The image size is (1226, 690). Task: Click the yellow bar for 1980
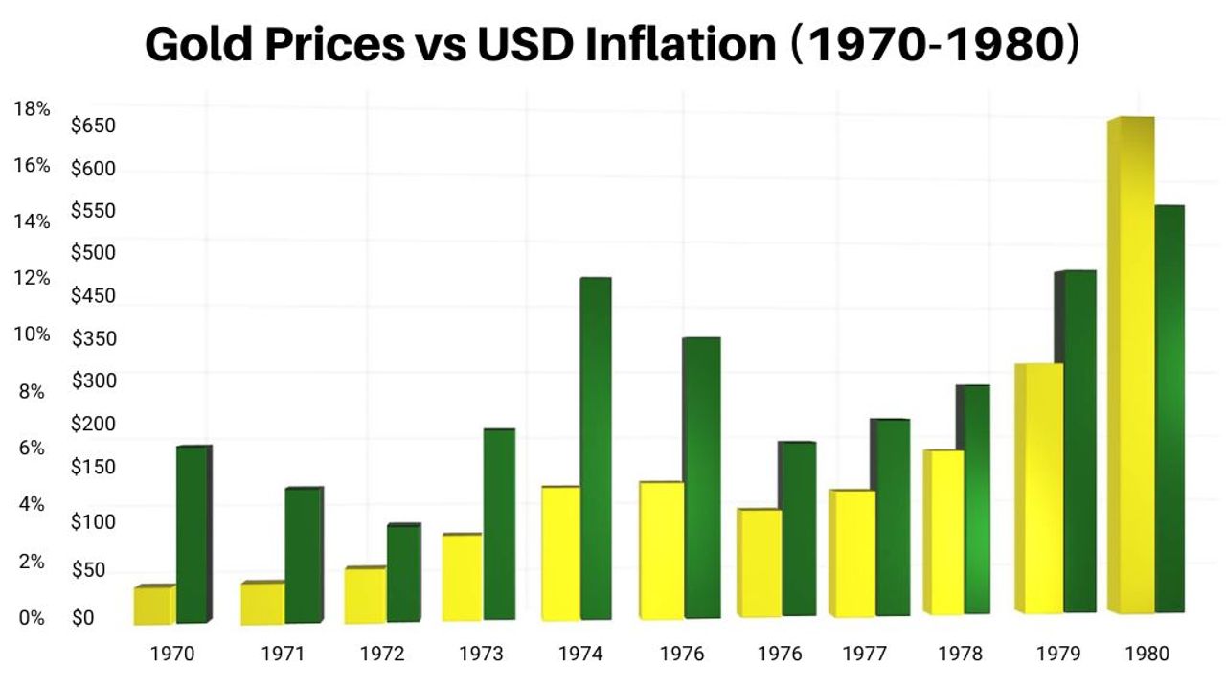click(x=1130, y=364)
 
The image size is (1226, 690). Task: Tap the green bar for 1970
click(x=193, y=534)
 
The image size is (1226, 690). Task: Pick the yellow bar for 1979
click(x=1039, y=488)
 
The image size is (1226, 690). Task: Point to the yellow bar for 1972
click(x=365, y=595)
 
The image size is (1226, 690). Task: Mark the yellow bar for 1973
click(x=463, y=576)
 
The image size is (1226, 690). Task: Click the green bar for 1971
click(x=303, y=555)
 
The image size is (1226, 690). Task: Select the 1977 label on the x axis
click(x=864, y=654)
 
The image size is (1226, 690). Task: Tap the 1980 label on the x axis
click(x=1147, y=654)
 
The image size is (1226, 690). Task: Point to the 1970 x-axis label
click(x=172, y=654)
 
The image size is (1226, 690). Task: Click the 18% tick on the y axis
click(x=32, y=109)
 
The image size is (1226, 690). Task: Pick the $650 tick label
click(x=93, y=126)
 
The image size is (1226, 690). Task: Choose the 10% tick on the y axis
click(x=32, y=334)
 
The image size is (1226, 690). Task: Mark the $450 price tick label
click(x=93, y=295)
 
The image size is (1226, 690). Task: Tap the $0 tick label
click(x=83, y=618)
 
